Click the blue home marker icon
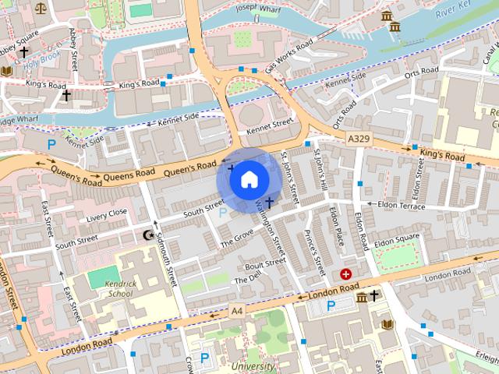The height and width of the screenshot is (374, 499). point(248,180)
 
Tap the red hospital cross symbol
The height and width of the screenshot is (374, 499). point(345,274)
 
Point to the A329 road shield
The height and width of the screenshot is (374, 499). point(358,137)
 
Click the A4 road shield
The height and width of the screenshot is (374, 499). point(237,310)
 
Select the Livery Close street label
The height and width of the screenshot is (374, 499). point(107,213)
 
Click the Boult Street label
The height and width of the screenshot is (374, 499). point(265,263)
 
